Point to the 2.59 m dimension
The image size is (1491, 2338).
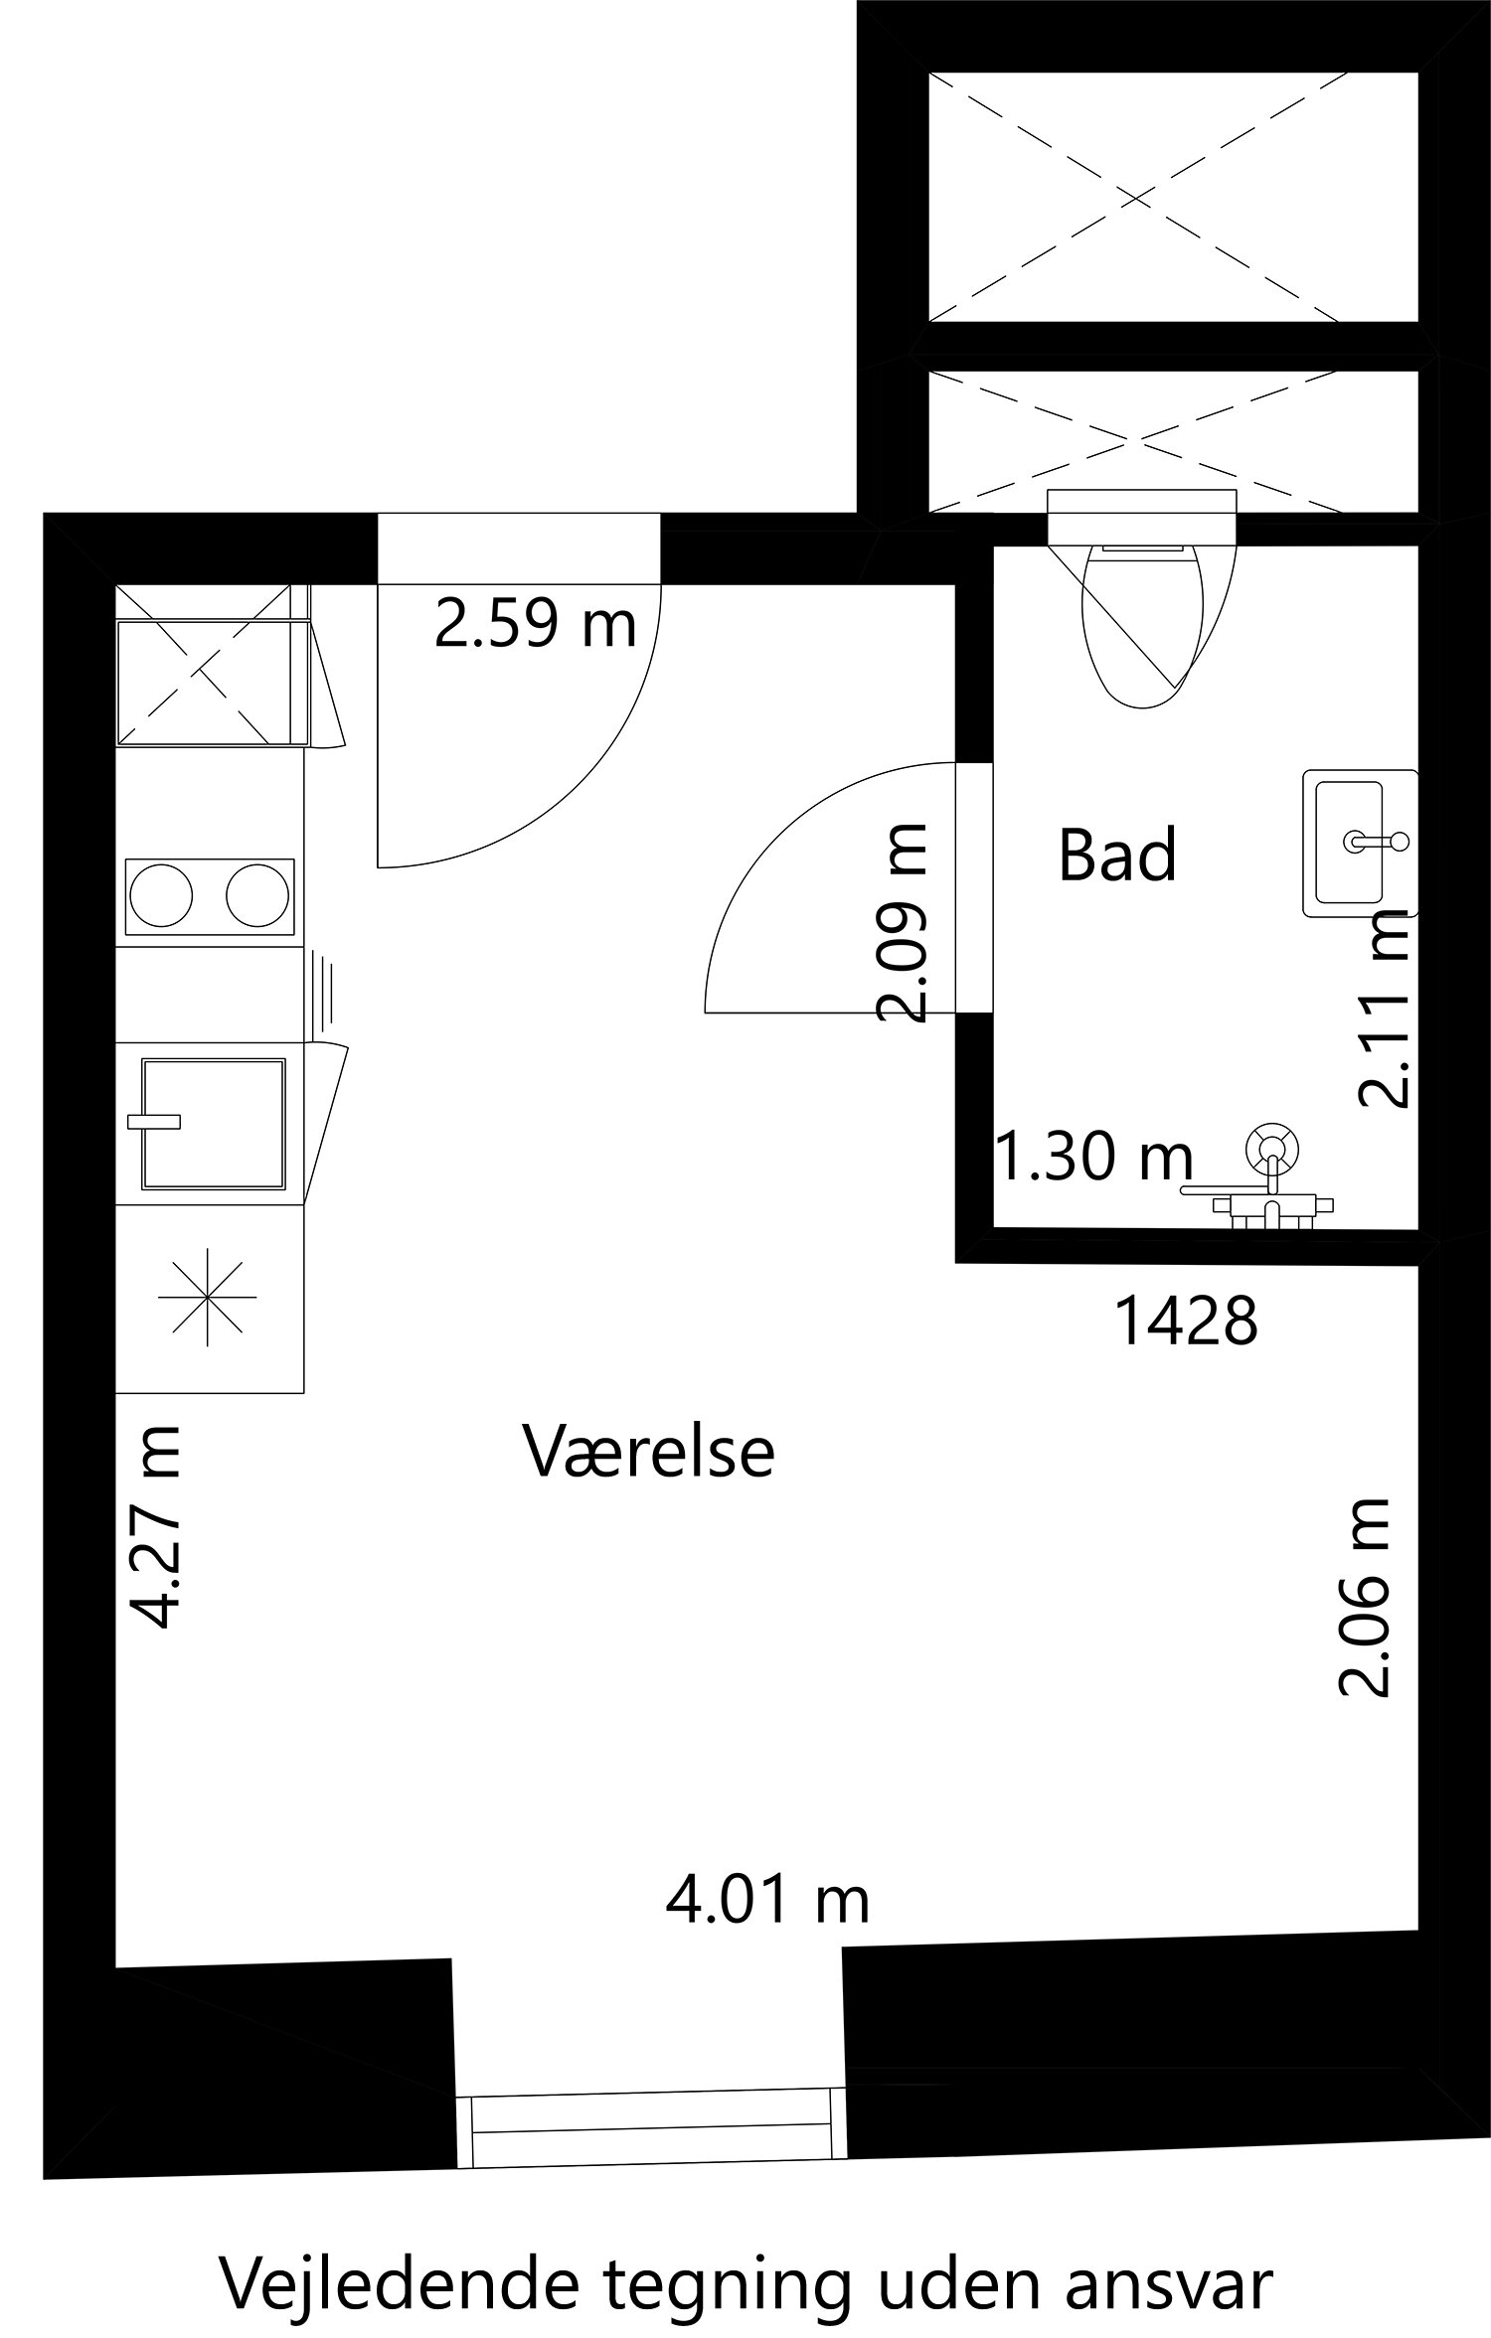536,625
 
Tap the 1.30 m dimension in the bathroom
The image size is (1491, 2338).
1093,1158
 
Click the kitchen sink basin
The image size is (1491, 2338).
214,1124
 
